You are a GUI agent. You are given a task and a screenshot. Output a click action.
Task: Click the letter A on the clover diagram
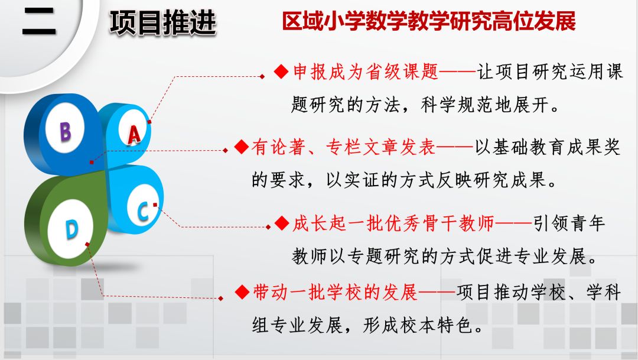[x=134, y=135]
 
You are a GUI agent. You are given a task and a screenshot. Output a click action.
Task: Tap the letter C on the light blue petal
[x=143, y=211]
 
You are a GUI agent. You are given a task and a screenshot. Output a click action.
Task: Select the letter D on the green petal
[x=71, y=230]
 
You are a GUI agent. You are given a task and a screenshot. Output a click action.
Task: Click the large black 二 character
[x=39, y=22]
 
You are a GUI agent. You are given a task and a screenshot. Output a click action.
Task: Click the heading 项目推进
[x=163, y=23]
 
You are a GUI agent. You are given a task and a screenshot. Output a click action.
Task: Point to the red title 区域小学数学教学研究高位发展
[x=429, y=21]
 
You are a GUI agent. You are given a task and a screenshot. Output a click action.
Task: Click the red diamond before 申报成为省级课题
[x=281, y=72]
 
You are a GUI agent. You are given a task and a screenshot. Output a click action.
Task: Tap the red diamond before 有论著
[x=242, y=147]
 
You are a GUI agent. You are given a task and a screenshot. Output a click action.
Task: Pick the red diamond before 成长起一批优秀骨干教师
[x=282, y=223]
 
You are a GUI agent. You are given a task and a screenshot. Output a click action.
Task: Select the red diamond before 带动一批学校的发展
[x=242, y=292]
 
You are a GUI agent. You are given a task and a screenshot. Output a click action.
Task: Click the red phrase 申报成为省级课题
[x=366, y=72]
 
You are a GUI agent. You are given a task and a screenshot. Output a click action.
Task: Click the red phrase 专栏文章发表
[x=381, y=147]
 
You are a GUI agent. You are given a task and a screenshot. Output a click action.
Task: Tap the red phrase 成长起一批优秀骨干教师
[x=393, y=223]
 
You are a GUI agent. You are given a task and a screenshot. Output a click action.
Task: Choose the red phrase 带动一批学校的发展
[x=336, y=292]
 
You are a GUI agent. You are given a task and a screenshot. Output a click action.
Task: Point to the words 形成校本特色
[x=418, y=325]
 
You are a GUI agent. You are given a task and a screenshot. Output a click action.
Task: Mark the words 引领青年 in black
[x=569, y=223]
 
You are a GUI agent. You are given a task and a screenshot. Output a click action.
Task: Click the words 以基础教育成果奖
[x=548, y=147]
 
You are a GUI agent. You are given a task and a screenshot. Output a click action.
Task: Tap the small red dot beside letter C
[x=155, y=205]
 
